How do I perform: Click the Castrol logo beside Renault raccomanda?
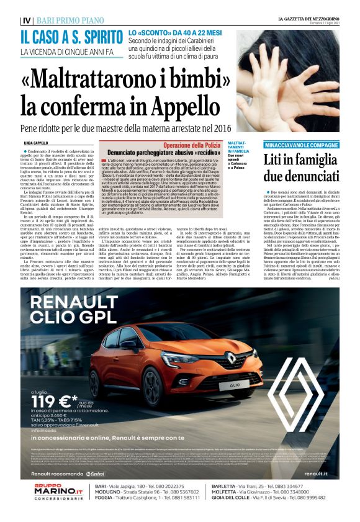[95, 474]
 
